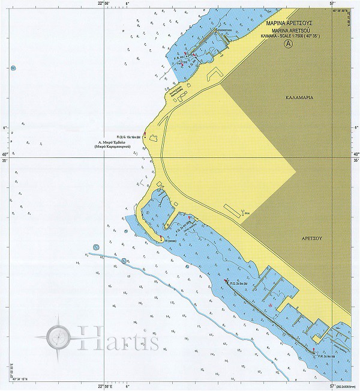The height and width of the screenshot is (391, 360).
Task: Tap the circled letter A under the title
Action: pyautogui.click(x=289, y=44)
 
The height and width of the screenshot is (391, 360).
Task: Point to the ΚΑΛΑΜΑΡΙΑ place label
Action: pyautogui.click(x=301, y=97)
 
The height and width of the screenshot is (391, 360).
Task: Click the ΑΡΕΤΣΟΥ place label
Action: pyautogui.click(x=312, y=238)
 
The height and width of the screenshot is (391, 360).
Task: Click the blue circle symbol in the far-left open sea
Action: pyautogui.click(x=13, y=68)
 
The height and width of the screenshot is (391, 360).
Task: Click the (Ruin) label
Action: pyautogui.click(x=247, y=213)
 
